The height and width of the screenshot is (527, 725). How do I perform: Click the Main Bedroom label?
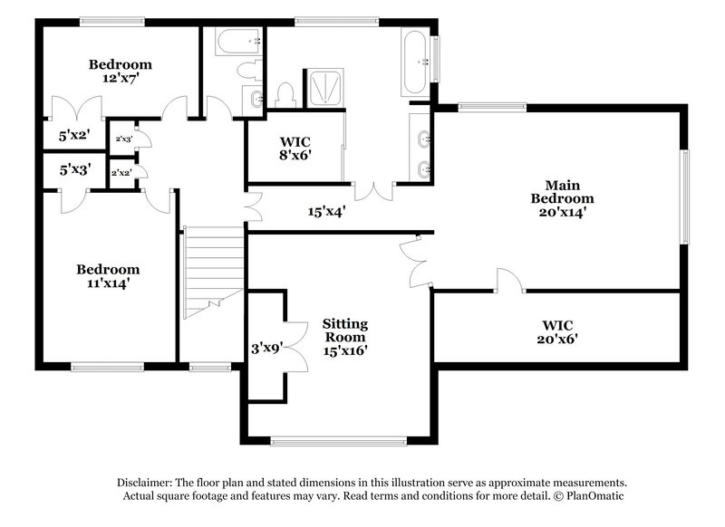(562, 191)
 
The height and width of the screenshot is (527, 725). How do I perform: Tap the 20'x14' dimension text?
(562, 215)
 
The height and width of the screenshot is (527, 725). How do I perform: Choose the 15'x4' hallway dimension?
(327, 212)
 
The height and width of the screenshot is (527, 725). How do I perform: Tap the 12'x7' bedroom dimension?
(120, 80)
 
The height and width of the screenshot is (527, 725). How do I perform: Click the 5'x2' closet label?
(74, 136)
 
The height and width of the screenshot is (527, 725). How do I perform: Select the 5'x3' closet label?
(74, 168)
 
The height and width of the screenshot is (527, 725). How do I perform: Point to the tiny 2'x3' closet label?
(123, 139)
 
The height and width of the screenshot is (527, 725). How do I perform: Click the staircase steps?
(214, 267)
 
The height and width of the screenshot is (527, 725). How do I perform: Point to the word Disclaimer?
(145, 483)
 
